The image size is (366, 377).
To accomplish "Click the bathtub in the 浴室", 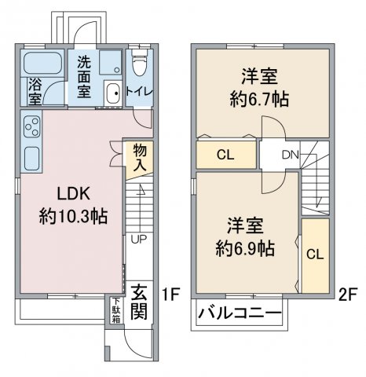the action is click(x=42, y=63).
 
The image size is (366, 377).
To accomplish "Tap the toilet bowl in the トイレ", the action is click(x=138, y=64).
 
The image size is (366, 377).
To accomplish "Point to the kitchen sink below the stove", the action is click(x=32, y=158).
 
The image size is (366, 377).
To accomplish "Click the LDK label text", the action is click(x=74, y=194).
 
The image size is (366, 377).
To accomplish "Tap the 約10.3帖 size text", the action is click(x=73, y=216).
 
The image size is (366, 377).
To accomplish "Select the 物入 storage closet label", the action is click(x=140, y=158).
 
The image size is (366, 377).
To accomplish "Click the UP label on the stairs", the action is click(x=139, y=239).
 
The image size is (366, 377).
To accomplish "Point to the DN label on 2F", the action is click(x=291, y=155).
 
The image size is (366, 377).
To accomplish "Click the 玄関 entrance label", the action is click(x=139, y=302).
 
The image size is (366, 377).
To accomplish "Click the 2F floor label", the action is click(x=348, y=295).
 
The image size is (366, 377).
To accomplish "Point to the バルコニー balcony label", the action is click(x=240, y=313).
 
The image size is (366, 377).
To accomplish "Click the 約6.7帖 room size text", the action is click(x=259, y=100).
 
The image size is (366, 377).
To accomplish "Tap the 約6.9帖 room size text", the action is click(x=245, y=248).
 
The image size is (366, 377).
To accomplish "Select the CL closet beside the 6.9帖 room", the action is click(x=315, y=256).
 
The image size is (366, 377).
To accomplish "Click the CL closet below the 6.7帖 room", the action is click(x=226, y=155).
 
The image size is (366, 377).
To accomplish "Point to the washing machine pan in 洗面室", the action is click(x=110, y=63).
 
